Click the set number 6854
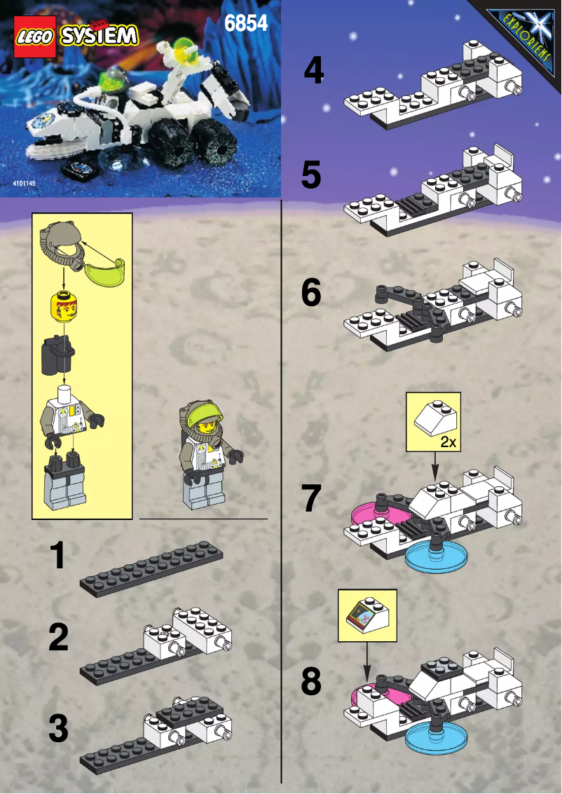click(x=246, y=23)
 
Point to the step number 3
click(x=59, y=729)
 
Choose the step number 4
click(x=313, y=71)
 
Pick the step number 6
click(x=312, y=294)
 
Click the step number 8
click(x=312, y=681)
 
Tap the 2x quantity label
click(x=448, y=443)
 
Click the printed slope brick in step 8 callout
click(x=366, y=615)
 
